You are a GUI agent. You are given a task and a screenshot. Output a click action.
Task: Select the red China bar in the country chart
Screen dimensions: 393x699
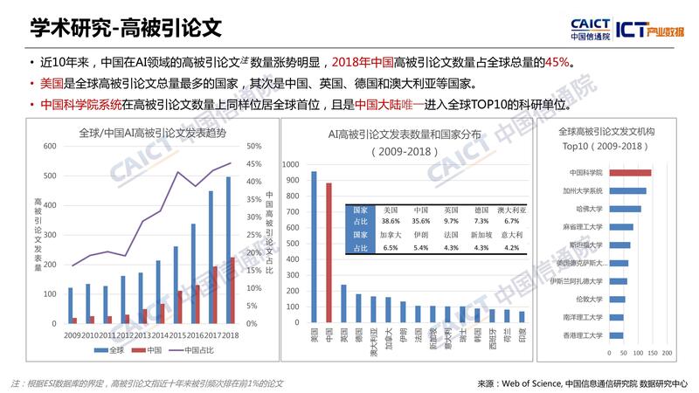click(329, 252)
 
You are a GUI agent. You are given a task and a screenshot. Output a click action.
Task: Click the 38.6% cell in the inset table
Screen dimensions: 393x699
click(391, 223)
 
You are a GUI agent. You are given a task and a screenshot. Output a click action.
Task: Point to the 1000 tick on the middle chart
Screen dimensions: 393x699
click(290, 163)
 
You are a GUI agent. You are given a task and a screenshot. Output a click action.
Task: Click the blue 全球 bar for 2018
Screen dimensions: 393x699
click(229, 250)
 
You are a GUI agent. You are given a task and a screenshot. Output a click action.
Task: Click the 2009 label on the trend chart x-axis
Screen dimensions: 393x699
click(72, 334)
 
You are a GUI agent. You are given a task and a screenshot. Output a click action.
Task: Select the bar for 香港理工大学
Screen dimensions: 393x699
click(616, 334)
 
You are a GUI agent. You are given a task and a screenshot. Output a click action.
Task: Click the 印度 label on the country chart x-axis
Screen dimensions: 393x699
click(523, 335)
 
